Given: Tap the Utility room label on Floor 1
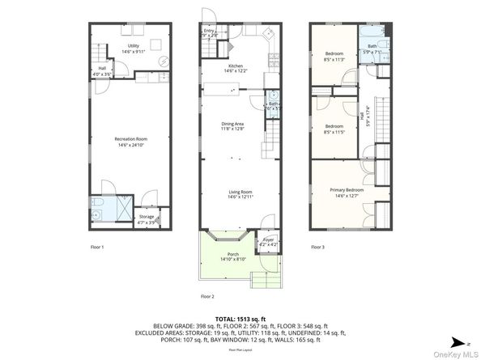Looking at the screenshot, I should tap(134, 49).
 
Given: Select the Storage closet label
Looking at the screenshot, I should tap(146, 218).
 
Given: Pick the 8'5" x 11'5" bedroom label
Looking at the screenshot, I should tap(334, 128).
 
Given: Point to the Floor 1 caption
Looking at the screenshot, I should tap(97, 247).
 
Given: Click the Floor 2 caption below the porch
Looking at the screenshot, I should tap(209, 296).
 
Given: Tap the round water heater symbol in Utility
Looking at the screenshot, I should tap(162, 61).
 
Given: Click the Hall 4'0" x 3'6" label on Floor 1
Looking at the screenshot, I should tap(103, 70).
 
